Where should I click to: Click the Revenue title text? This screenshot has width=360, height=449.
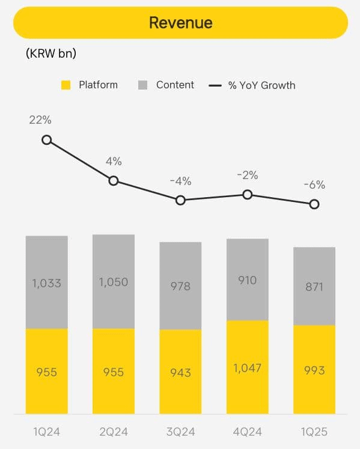(180, 23)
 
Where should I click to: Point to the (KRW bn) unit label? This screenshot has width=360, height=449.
(51, 53)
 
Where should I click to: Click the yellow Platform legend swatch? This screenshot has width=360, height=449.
(66, 85)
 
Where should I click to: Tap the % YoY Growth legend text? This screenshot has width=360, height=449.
(261, 85)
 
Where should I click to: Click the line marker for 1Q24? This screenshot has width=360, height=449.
(46, 140)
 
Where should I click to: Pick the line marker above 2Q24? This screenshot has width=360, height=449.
(113, 180)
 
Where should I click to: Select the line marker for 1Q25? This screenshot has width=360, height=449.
(314, 204)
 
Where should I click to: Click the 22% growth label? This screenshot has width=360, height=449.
(40, 120)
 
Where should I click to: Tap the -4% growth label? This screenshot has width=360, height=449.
(180, 181)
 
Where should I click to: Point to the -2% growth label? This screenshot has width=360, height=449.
(247, 176)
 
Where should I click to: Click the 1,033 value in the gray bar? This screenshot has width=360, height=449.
(46, 283)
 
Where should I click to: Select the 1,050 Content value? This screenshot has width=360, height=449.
(113, 282)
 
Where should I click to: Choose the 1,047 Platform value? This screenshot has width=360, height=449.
(247, 367)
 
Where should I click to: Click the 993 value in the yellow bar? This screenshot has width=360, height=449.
(314, 370)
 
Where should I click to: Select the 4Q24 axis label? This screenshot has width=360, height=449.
(247, 432)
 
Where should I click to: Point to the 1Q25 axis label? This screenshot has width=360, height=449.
(314, 432)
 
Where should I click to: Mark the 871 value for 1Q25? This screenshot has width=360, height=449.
(314, 287)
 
